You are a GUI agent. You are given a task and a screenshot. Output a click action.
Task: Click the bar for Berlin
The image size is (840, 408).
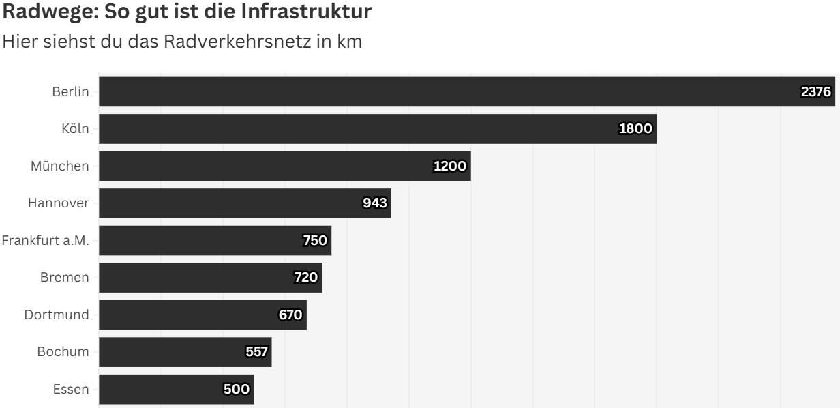[467, 91]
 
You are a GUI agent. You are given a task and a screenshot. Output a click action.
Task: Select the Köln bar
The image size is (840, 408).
[378, 129]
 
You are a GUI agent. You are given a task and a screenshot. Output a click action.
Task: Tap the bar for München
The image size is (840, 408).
[285, 166]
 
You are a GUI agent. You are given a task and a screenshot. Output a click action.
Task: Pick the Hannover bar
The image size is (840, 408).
[245, 203]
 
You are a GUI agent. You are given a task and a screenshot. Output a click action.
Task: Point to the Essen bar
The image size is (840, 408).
[176, 389]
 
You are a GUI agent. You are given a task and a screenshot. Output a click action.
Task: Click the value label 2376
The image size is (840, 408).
[815, 91]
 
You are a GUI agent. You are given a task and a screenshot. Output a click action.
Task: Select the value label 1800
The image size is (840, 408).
[635, 129]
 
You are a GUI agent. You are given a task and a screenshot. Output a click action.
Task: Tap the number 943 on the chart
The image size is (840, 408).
[374, 203]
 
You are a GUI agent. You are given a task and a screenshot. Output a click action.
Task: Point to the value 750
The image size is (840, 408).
[315, 240]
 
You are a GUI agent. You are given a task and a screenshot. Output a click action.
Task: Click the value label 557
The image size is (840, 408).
[256, 351]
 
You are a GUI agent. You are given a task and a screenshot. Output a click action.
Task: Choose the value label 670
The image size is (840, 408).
[290, 315]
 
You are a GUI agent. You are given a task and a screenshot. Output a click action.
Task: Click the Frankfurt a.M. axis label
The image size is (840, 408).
[46, 240]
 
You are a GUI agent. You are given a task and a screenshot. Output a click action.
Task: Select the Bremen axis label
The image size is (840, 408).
[65, 278]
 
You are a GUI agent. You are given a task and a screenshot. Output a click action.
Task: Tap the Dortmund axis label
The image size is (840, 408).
[57, 315]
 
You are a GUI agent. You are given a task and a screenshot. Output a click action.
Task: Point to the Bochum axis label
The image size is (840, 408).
[63, 351]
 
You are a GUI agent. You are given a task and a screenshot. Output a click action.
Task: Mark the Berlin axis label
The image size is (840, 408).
[70, 91]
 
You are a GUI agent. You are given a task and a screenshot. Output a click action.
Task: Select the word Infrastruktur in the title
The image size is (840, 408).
[306, 12]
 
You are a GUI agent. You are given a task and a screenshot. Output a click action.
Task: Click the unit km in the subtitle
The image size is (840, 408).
[349, 42]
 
